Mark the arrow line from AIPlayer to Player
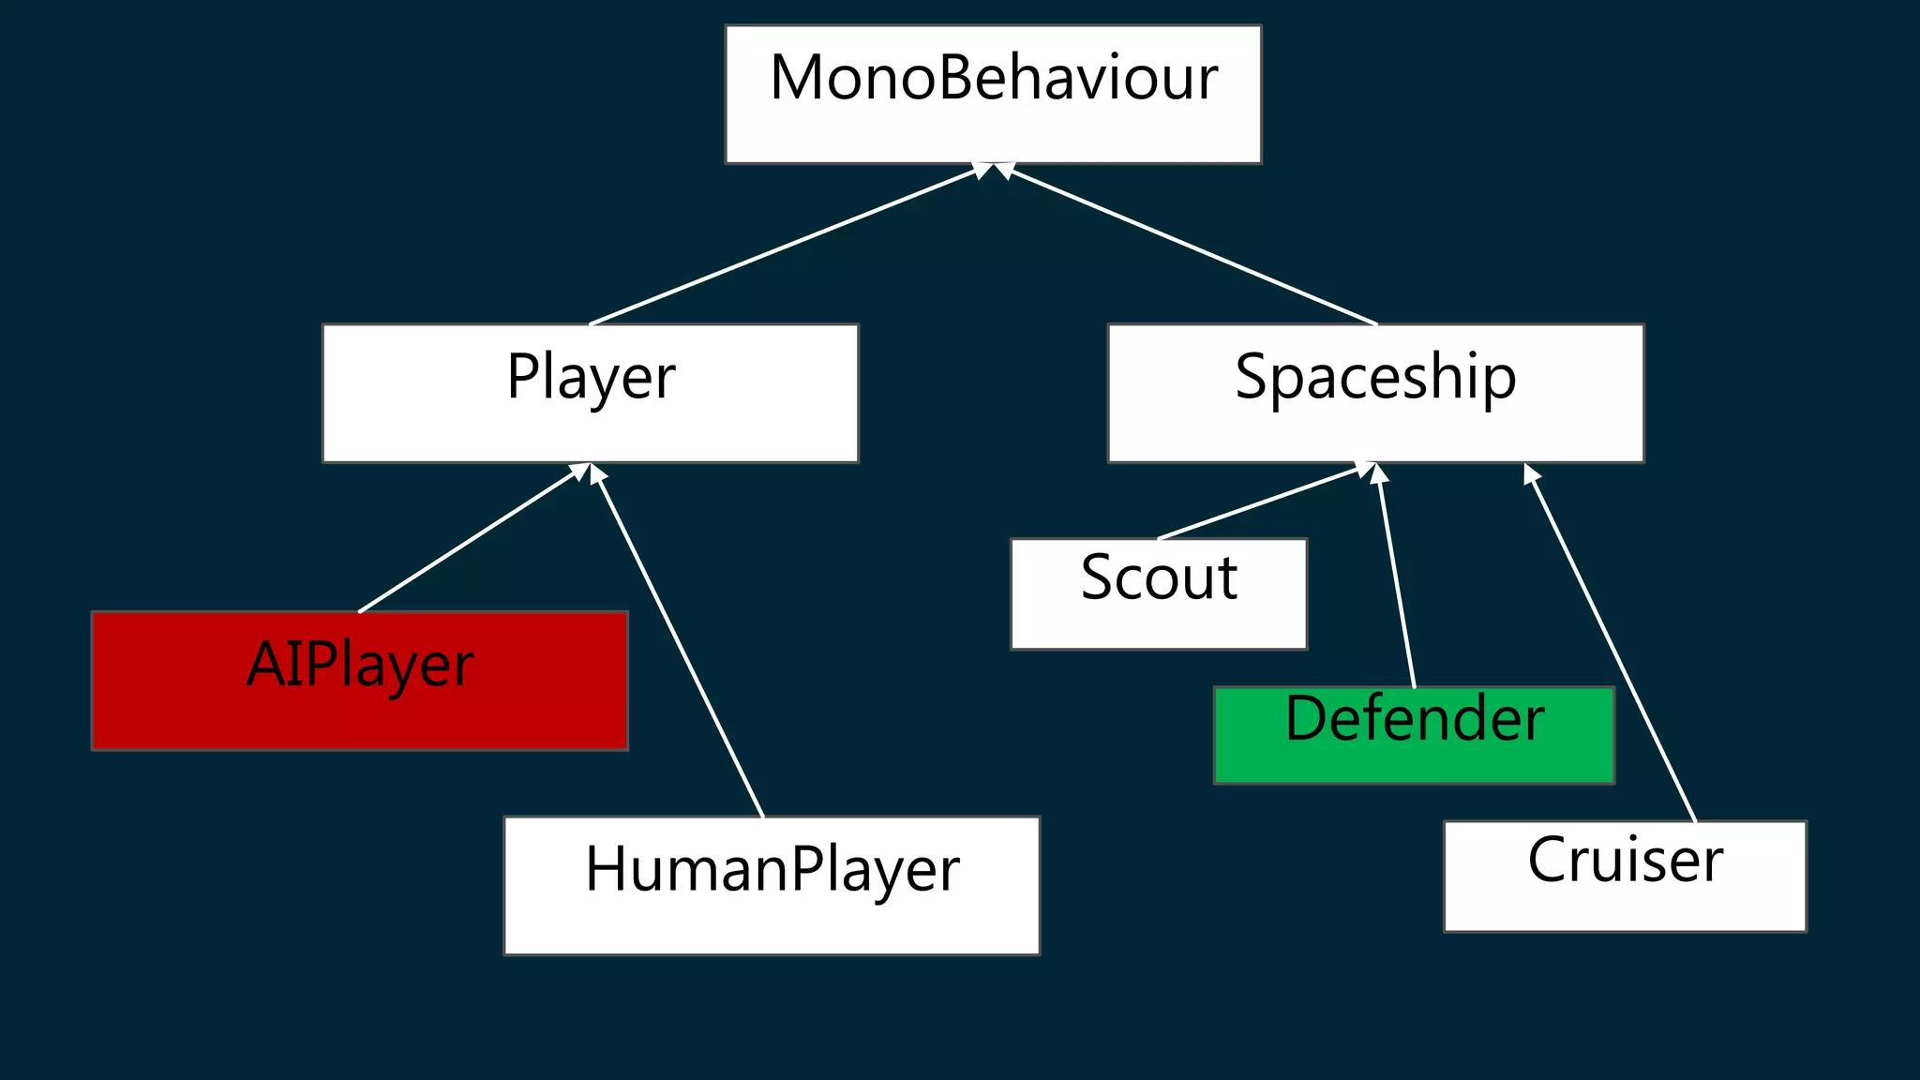click(469, 540)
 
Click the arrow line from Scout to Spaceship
click(1256, 503)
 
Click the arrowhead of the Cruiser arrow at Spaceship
click(1531, 473)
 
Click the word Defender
click(1414, 719)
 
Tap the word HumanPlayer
click(772, 869)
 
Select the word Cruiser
click(1625, 860)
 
